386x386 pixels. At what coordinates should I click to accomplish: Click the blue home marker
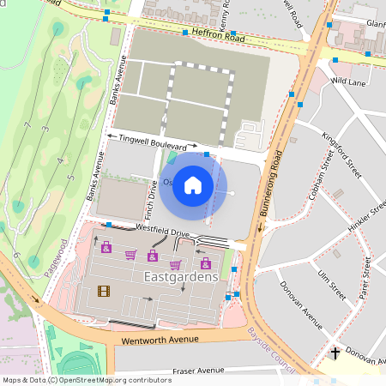(x=193, y=184)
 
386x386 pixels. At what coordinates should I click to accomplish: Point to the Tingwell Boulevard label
(x=154, y=142)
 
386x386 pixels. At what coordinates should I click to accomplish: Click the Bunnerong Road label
(x=269, y=194)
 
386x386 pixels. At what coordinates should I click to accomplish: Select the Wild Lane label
(x=348, y=81)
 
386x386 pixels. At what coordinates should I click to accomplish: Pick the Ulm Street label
(x=329, y=282)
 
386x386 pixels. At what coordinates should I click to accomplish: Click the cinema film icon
(x=104, y=291)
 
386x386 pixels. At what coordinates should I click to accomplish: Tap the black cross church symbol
(x=335, y=353)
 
